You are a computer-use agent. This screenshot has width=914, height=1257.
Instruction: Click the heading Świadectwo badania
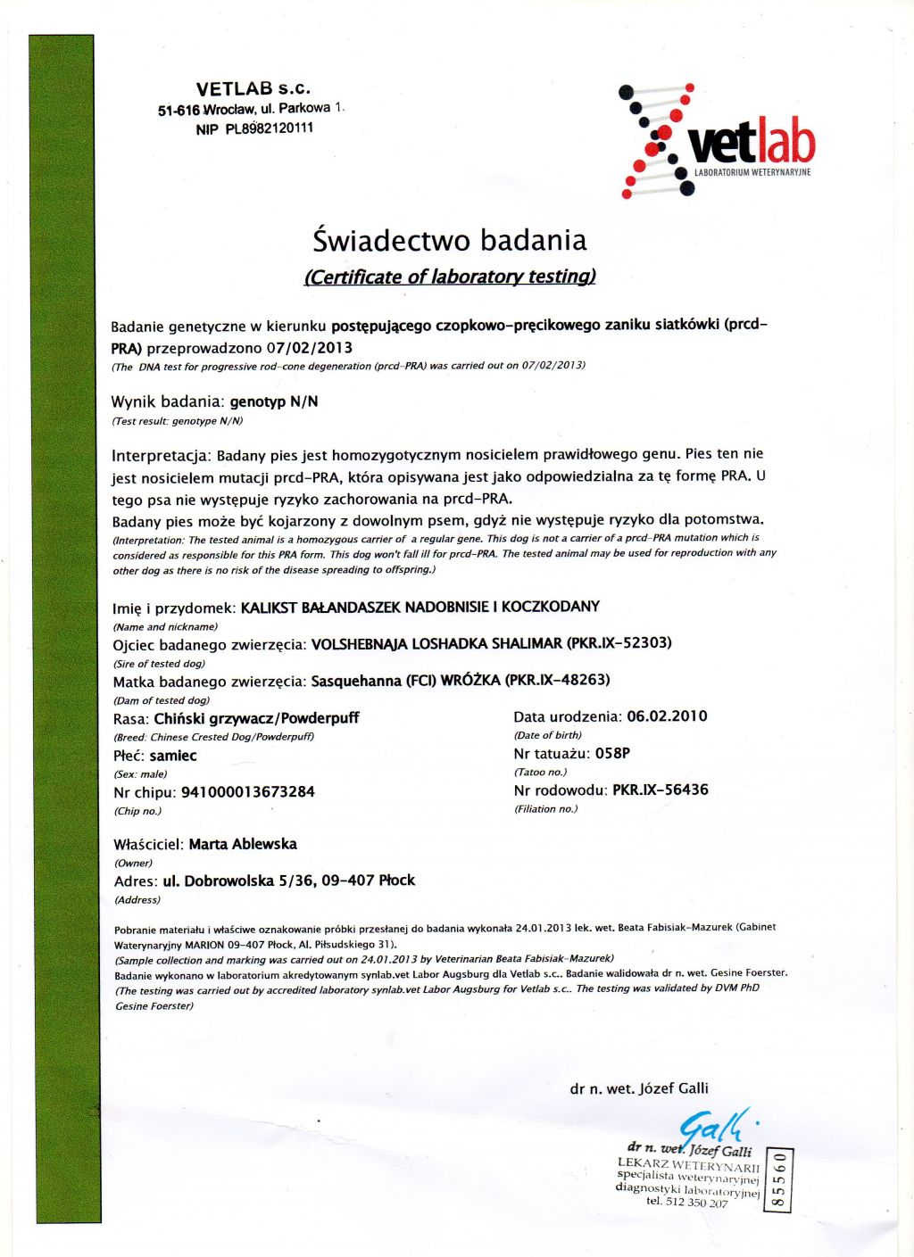(450, 240)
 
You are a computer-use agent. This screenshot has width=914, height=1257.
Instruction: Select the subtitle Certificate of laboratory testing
(450, 277)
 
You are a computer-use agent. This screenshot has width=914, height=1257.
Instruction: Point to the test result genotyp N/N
(274, 401)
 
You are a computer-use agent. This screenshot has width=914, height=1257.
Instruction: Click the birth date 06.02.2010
(667, 716)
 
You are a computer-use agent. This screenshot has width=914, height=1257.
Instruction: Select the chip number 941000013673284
(248, 792)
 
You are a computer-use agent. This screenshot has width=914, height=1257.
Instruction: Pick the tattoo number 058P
(612, 753)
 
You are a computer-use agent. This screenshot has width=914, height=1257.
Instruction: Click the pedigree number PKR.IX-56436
(660, 790)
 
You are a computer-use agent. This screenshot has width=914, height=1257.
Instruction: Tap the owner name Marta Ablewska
(243, 844)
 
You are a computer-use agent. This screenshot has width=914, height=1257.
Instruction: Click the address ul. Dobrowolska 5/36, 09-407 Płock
(289, 881)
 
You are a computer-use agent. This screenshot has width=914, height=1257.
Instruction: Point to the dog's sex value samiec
(173, 756)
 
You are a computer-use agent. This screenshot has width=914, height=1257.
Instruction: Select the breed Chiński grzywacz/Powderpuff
(256, 718)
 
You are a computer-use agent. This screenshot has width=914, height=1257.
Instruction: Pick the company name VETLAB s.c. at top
(253, 88)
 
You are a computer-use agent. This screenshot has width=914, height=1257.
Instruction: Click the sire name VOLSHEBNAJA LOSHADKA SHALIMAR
(436, 643)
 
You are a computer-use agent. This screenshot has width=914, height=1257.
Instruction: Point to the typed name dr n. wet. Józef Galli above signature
(639, 1088)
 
